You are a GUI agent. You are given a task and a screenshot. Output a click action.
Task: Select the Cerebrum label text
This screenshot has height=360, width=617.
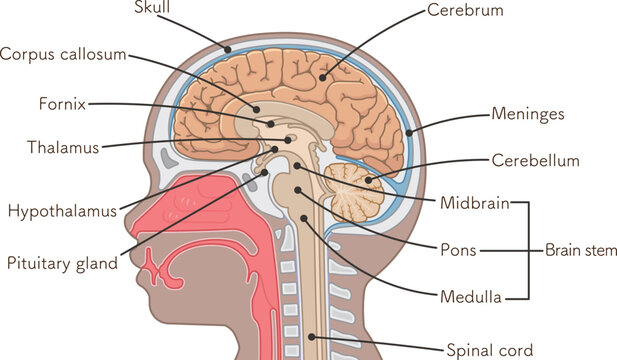click(x=465, y=11)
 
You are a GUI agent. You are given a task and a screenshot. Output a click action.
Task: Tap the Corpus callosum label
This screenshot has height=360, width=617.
click(x=63, y=54)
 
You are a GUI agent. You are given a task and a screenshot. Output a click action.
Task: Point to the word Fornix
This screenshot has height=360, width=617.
click(x=62, y=103)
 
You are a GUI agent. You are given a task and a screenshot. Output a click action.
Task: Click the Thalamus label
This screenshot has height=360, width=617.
click(x=63, y=148)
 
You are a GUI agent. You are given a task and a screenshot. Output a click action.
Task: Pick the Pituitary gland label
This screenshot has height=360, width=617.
click(x=62, y=264)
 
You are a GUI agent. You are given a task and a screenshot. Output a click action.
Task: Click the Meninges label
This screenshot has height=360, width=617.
click(x=527, y=114)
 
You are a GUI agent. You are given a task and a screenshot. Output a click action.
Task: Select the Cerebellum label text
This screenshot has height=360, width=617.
click(x=535, y=160)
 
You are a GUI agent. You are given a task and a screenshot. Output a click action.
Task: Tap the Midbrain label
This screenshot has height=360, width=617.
click(x=474, y=204)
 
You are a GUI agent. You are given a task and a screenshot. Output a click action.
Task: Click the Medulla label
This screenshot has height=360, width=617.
click(x=467, y=296)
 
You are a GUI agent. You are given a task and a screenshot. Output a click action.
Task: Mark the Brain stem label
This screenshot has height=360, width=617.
click(x=580, y=249)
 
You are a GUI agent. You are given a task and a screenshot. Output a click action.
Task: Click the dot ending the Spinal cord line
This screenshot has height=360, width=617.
click(x=311, y=337)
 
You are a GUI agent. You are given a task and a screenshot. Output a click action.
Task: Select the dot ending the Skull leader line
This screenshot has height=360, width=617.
click(x=228, y=48)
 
